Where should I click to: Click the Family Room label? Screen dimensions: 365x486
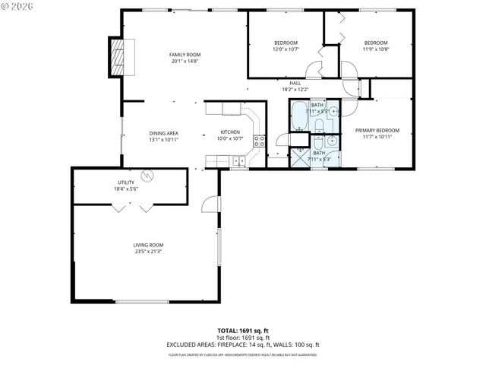click(x=185, y=55)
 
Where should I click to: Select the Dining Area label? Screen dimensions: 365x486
click(x=163, y=133)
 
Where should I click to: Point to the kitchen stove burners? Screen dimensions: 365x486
click(x=259, y=141)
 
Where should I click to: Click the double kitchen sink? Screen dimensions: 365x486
click(x=239, y=160)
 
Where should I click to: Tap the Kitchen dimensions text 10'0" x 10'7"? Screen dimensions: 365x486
click(x=230, y=138)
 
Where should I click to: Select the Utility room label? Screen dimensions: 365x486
click(x=125, y=182)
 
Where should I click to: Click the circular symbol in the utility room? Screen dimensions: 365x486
click(x=150, y=176)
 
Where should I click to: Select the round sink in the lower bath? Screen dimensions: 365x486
click(x=331, y=141)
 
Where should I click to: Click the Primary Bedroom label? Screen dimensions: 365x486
click(x=377, y=130)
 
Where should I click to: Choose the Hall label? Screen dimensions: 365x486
click(x=295, y=83)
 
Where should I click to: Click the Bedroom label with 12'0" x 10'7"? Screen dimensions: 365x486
click(x=286, y=43)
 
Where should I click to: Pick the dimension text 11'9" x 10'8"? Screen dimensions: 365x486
click(x=376, y=49)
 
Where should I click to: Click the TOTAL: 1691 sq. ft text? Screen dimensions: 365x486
click(x=243, y=330)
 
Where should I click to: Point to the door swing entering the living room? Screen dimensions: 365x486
click(x=210, y=204)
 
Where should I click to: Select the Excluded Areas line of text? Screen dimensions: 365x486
click(x=243, y=344)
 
